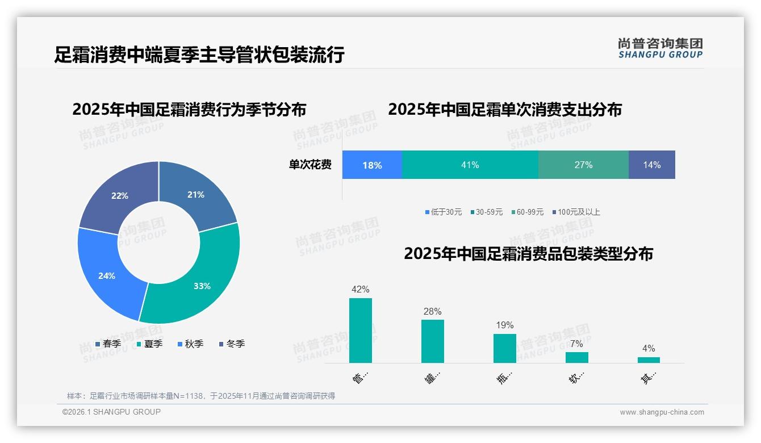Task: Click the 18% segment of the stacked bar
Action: click(372, 165)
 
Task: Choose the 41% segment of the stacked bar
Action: click(470, 165)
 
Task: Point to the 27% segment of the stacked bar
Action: click(583, 165)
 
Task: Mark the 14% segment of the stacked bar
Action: click(651, 165)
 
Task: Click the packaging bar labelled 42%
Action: click(361, 331)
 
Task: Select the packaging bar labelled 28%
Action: click(433, 341)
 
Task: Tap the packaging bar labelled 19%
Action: click(505, 348)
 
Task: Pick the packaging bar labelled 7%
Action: click(577, 357)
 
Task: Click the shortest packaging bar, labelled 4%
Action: click(649, 360)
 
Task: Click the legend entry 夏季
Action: click(149, 344)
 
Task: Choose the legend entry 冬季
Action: click(232, 344)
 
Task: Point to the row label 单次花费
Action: click(310, 165)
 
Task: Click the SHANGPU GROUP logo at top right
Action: click(660, 48)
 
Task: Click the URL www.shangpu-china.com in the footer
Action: click(662, 412)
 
